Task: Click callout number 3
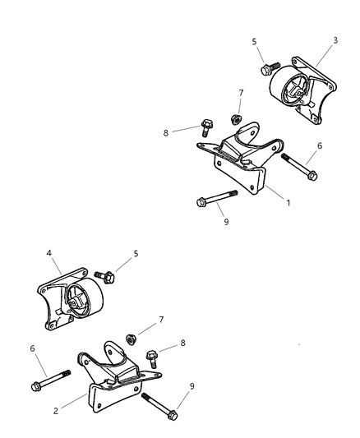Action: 335,39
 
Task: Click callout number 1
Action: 288,201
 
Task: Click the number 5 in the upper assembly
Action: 254,41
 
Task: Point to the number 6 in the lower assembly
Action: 33,350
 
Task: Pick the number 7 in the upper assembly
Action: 241,94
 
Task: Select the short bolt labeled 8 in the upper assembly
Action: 206,128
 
